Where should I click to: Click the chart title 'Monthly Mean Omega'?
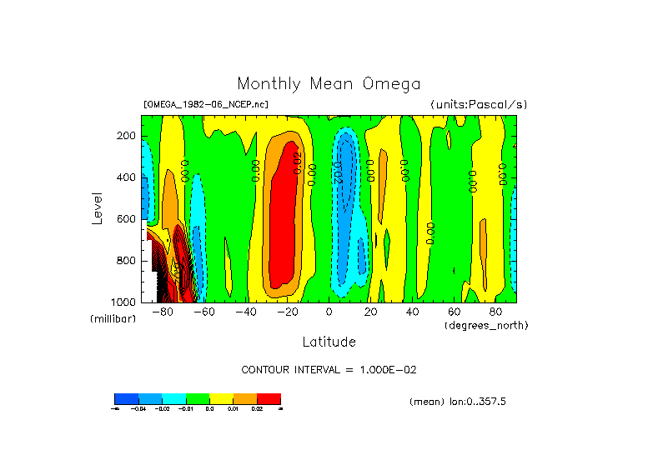pos(329,83)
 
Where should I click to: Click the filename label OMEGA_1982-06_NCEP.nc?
pos(206,104)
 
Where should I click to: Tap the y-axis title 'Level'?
pos(98,207)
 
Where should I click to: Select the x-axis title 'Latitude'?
pos(329,342)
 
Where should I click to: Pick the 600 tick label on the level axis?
pos(127,219)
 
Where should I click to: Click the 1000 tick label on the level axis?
pos(124,302)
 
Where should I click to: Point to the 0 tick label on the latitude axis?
pos(329,312)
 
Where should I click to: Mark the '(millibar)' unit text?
pos(113,319)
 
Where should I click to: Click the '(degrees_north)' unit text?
pos(486,324)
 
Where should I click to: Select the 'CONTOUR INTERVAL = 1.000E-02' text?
pos(329,369)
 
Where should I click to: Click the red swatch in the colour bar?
pos(269,398)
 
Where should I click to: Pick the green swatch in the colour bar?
pos(197,398)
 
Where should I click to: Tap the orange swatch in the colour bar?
pos(244,398)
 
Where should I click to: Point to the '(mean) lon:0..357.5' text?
pos(458,402)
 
